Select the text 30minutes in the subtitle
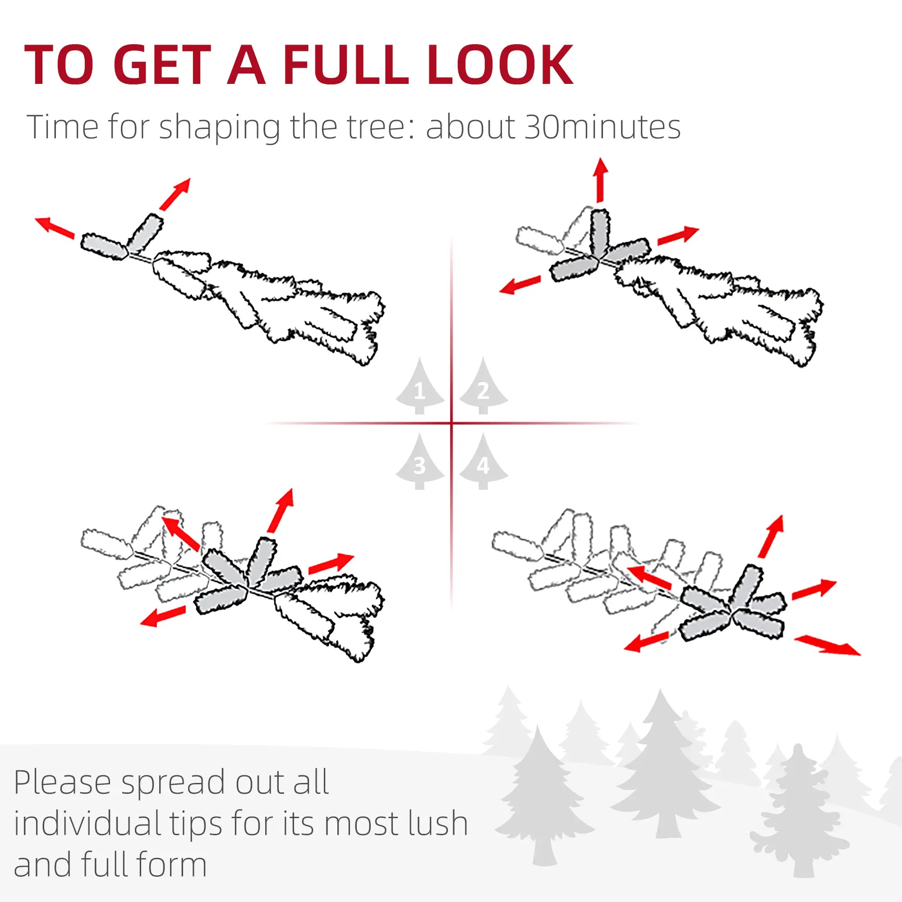(602, 127)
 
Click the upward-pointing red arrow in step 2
(600, 180)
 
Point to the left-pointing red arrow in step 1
(55, 227)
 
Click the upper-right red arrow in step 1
(175, 194)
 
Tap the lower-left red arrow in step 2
(520, 285)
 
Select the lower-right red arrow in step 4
(827, 645)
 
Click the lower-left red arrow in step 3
(163, 616)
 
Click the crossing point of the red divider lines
(451, 423)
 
